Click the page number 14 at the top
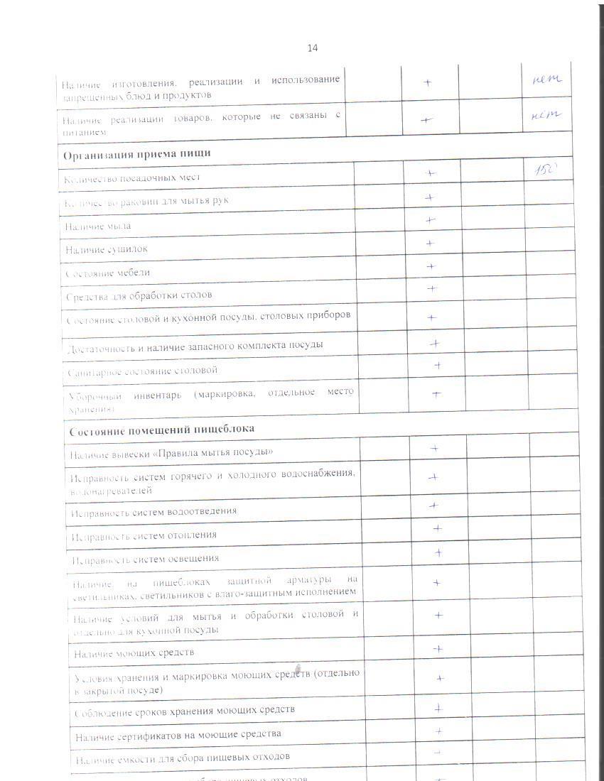313,48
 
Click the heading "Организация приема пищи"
136,153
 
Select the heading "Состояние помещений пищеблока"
161,430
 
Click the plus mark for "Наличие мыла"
430,220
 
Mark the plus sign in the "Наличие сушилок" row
430,244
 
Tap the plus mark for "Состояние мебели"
431,266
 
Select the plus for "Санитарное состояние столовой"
438,366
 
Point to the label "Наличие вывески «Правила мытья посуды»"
171,453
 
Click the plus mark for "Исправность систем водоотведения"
433,506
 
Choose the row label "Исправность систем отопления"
144,535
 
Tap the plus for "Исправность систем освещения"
438,552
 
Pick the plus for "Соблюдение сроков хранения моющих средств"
439,708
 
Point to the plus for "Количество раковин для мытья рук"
429,197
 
